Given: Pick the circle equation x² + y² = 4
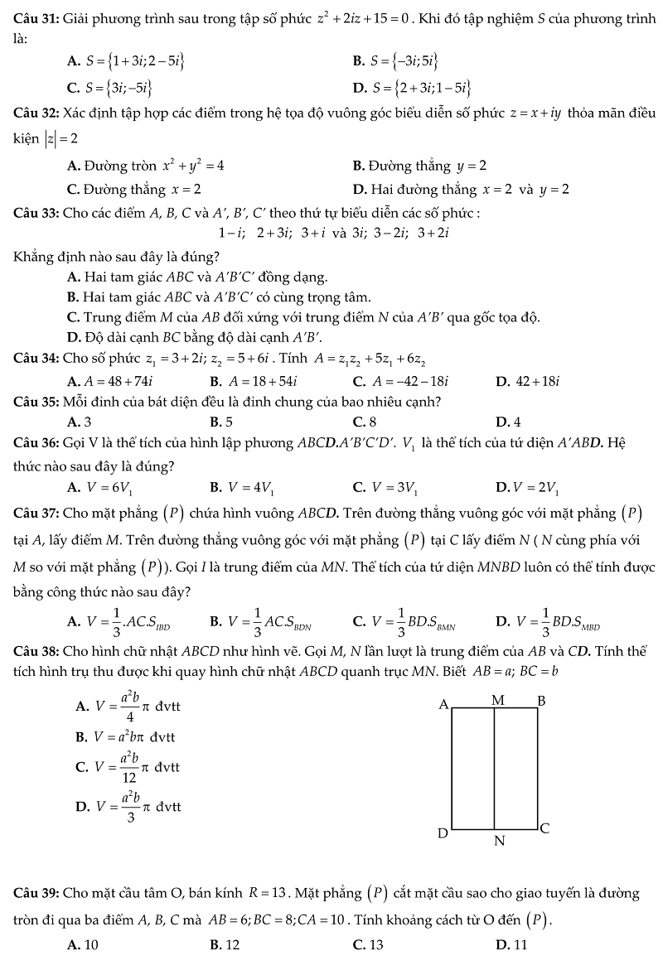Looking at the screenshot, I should click(x=192, y=166).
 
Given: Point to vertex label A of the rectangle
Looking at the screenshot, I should click(x=443, y=704).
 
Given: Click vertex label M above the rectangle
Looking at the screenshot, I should click(x=497, y=700).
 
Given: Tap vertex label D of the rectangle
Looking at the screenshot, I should click(x=443, y=832).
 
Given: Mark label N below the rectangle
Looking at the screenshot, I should click(x=499, y=842).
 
